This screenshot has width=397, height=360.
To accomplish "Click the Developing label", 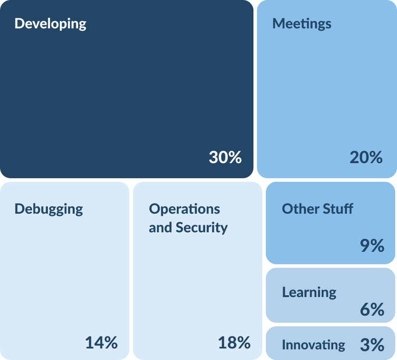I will (50, 24).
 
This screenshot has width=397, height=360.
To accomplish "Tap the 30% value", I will (225, 157).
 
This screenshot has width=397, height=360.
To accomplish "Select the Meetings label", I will (302, 23).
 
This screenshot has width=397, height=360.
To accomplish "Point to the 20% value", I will (366, 157).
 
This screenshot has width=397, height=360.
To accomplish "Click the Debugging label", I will (49, 209).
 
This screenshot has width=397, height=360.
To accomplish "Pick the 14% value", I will (101, 342).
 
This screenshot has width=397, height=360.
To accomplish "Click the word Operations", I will (184, 209).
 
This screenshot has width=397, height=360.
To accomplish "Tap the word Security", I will (202, 227).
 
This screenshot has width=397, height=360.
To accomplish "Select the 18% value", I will (234, 342).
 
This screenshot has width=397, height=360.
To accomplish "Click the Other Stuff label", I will (317, 208).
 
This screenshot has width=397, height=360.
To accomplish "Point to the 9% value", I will (372, 246).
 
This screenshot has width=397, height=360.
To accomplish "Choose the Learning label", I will (309, 292).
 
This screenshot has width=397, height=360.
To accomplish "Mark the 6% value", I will (372, 309).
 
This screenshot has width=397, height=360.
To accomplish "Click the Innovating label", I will (313, 344).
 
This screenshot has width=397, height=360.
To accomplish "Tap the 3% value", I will (372, 344).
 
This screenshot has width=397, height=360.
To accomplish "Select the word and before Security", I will (160, 227).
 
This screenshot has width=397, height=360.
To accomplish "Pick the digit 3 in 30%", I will (214, 157).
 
